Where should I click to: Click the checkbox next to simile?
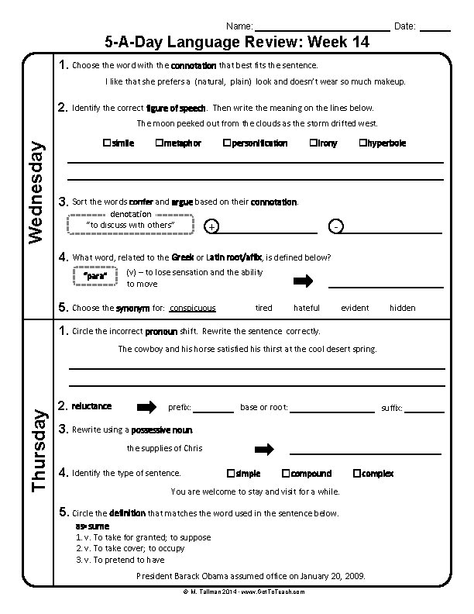pos(106,143)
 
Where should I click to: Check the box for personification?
pos(226,143)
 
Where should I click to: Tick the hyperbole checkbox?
pos(362,143)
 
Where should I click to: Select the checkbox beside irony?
pos(313,143)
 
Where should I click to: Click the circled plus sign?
pos(212,226)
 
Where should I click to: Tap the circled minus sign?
pos(335,226)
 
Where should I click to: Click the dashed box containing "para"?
pos(94,277)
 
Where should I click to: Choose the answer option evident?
pos(355,308)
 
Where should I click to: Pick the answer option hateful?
pos(307,308)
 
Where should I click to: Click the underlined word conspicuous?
pos(192,308)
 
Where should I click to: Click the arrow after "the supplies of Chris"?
pos(265,449)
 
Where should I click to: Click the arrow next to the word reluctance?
pos(146,407)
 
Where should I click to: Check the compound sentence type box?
pos(286,473)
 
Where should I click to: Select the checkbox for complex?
pos(356,473)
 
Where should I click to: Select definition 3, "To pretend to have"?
pos(120,560)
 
